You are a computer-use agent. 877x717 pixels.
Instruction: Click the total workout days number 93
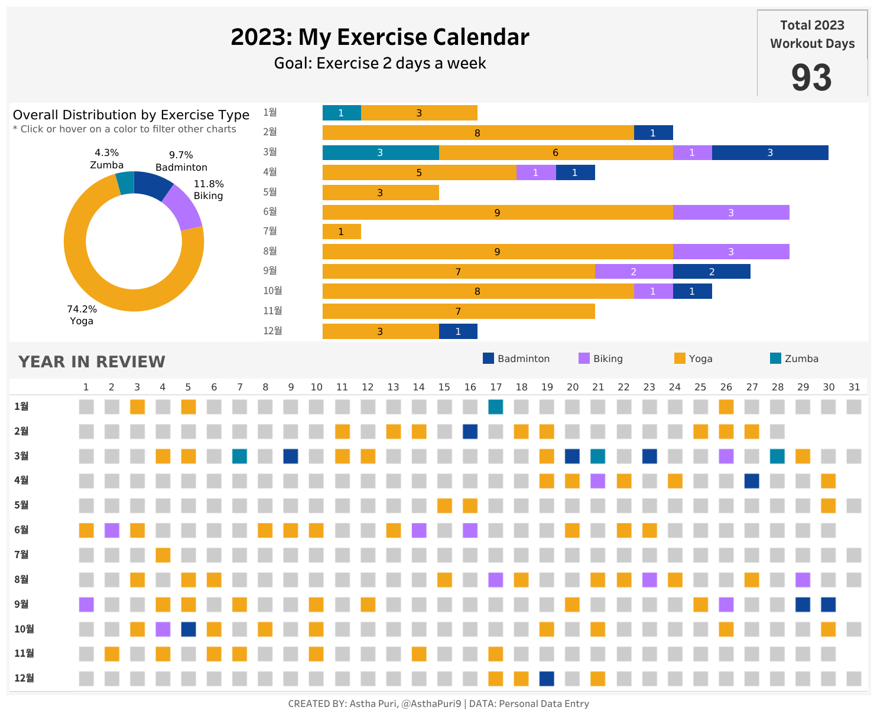[x=811, y=78]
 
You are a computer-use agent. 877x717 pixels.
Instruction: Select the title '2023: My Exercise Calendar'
[x=379, y=37]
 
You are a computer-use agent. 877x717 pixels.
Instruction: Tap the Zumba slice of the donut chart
[x=125, y=183]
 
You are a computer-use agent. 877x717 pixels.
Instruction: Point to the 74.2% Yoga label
[x=82, y=315]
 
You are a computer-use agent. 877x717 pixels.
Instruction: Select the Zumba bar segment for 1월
[x=342, y=113]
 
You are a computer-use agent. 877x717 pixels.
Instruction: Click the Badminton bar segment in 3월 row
[x=769, y=152]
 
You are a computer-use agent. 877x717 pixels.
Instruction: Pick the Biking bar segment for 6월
[x=730, y=213]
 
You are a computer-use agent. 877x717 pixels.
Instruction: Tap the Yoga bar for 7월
[x=342, y=232]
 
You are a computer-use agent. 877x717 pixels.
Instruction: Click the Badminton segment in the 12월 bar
[x=458, y=331]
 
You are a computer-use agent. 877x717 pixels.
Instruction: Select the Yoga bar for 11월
[x=458, y=311]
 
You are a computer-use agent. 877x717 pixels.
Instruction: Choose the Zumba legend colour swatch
[x=775, y=358]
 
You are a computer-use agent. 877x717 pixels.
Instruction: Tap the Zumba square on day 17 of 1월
[x=496, y=406]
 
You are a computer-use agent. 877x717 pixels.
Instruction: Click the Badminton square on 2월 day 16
[x=470, y=431]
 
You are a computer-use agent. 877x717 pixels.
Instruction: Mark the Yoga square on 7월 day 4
[x=163, y=555]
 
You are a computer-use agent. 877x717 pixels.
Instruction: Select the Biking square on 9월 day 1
[x=86, y=604]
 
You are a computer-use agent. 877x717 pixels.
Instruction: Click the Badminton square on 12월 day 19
[x=547, y=678]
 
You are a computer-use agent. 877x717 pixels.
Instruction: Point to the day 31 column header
[x=854, y=387]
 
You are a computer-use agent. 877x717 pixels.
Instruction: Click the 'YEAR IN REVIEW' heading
[x=92, y=361]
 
